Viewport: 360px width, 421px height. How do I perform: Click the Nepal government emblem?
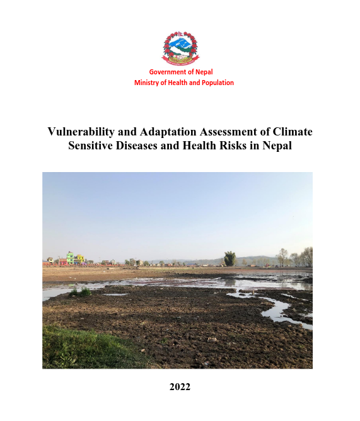pyautogui.click(x=180, y=47)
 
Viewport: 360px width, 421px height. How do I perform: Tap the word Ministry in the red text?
pyautogui.click(x=148, y=83)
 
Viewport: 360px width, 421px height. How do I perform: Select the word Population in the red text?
pyautogui.click(x=216, y=83)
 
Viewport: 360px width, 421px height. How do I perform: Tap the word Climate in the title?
pyautogui.click(x=293, y=132)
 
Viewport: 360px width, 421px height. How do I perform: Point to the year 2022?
pyautogui.click(x=180, y=387)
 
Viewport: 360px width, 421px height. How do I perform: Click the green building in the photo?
pyautogui.click(x=71, y=258)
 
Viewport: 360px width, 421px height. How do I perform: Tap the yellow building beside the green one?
pyautogui.click(x=80, y=258)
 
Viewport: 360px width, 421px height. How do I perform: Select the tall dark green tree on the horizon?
pyautogui.click(x=230, y=258)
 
